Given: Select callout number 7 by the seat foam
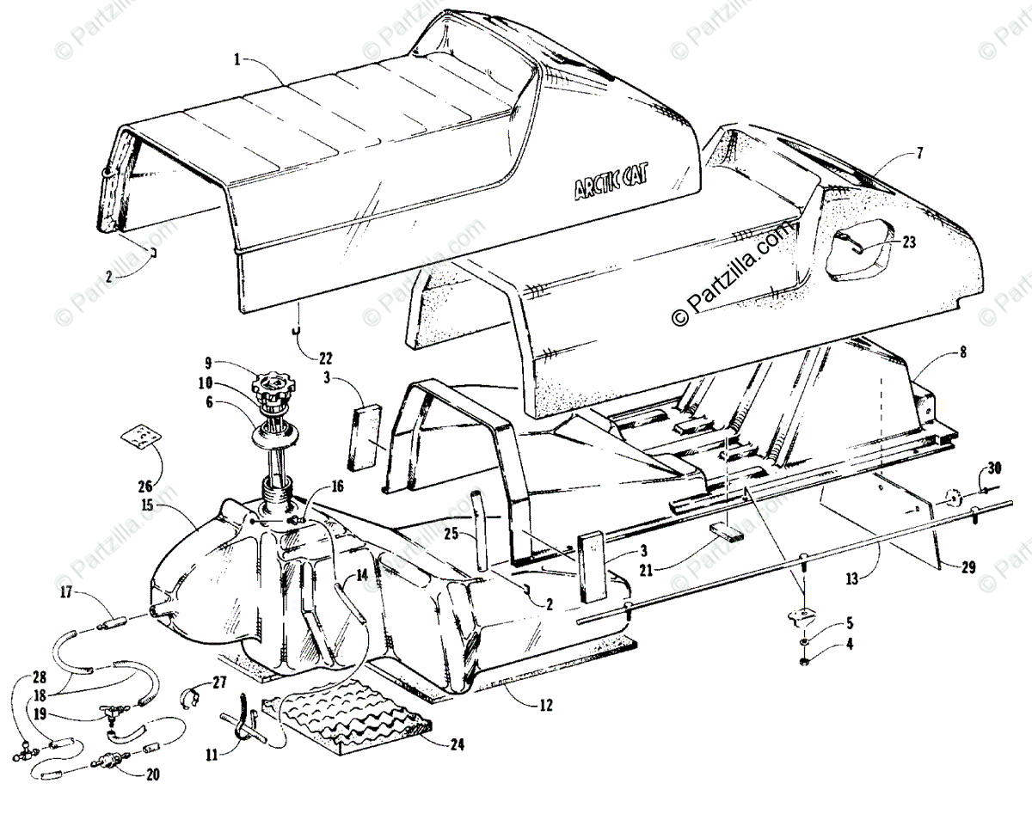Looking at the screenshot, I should click(x=919, y=153).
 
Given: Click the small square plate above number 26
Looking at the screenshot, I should click(x=140, y=435).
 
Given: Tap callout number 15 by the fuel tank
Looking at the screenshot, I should click(x=149, y=505).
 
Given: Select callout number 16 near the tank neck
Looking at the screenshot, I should click(x=337, y=486).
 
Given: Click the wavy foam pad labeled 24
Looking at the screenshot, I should click(x=353, y=721).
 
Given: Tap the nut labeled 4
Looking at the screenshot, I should click(x=802, y=662).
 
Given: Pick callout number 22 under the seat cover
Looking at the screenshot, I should click(x=302, y=358).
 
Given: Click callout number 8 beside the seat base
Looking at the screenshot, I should click(x=938, y=352).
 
